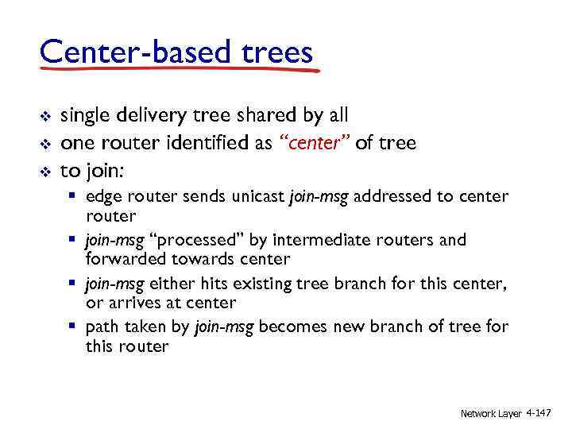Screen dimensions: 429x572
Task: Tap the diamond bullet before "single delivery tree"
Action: point(45,117)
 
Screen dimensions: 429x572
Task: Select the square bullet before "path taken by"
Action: point(73,327)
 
